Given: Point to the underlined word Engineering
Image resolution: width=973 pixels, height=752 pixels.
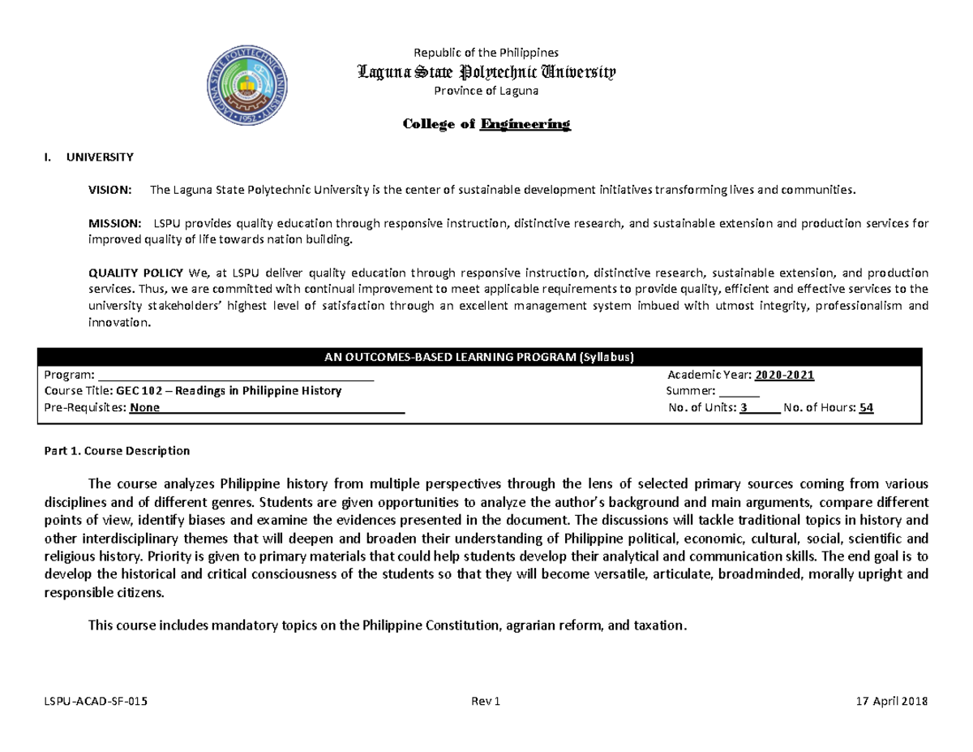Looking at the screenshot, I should pos(525,124).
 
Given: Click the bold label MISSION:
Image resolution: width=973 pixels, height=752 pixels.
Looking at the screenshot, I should pos(113,223).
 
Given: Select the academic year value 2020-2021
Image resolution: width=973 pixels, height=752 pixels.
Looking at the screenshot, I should pos(784,375).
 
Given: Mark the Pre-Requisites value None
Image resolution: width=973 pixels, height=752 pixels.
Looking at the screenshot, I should pos(144,408).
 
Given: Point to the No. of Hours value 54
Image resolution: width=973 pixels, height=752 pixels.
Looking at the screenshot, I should pos(866,408).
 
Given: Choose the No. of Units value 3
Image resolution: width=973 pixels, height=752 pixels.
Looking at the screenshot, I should pos(744,408).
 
